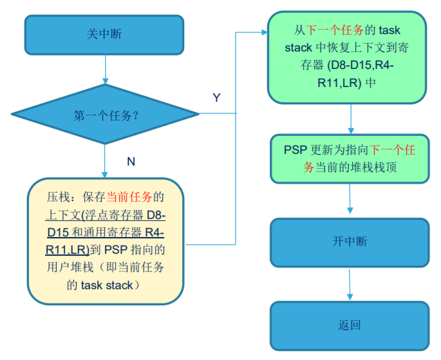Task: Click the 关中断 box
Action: pos(104,35)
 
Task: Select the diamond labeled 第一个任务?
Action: pos(105,114)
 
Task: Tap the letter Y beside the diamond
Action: pos(216,98)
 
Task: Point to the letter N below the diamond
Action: pos(131,162)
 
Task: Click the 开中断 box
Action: pos(350,242)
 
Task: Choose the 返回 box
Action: pos(350,326)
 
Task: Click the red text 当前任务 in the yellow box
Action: pos(129,197)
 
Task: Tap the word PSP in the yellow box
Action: pos(116,250)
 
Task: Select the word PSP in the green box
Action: pos(296,150)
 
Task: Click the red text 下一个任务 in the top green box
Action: pos(335,30)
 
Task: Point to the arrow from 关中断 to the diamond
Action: pos(106,69)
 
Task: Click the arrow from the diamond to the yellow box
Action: pos(105,161)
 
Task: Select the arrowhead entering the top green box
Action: pos(265,32)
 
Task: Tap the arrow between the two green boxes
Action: pos(351,118)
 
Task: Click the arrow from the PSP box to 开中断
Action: pos(350,198)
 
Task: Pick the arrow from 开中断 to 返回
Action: pos(350,285)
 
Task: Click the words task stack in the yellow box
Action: pos(107,285)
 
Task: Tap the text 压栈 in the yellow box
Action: pos(58,197)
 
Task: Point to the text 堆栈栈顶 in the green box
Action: pos(374,167)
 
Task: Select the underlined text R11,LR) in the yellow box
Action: pos(68,250)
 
